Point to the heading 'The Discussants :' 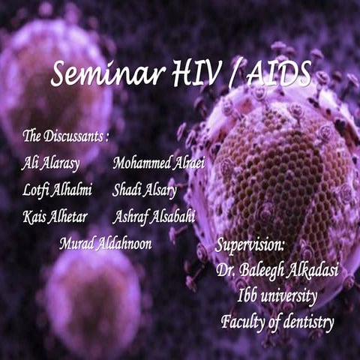66,136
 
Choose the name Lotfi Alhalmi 57,190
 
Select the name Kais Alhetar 55,217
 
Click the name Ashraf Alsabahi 154,217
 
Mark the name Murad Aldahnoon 105,244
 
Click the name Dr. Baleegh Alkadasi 273,269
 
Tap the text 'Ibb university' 274,295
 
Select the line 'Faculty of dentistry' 277,322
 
